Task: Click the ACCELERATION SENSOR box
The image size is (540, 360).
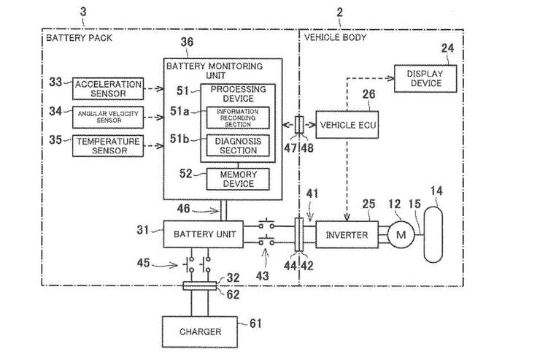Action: coord(102,89)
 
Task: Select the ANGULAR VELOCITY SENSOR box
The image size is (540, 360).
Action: coord(102,116)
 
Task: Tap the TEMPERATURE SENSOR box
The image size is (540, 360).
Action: coord(102,145)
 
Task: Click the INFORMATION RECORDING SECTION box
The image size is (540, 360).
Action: coord(238,117)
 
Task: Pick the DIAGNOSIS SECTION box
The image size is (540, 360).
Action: coord(238,145)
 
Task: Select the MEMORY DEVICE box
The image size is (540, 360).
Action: coord(238,179)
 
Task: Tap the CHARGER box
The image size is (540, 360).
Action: coord(200,332)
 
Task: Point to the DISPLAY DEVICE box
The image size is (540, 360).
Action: coord(425,78)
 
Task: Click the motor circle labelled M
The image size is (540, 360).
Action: coord(399,234)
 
